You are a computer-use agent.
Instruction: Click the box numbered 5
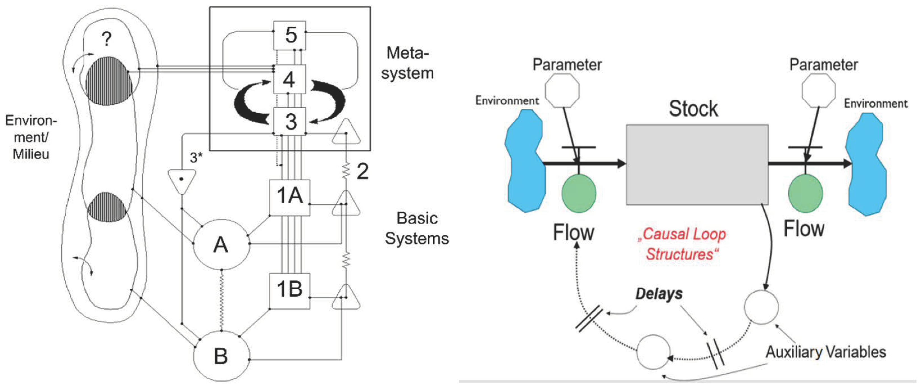coord(290,35)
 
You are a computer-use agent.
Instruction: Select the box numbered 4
coord(289,79)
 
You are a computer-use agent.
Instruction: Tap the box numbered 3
coord(290,122)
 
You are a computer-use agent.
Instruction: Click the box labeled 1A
coord(290,197)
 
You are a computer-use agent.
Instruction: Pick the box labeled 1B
coord(290,291)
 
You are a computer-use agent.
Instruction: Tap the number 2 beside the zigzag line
coord(362,172)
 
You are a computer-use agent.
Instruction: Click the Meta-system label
coord(407,63)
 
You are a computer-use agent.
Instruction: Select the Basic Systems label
coord(417,228)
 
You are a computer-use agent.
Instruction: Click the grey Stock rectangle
coord(697,165)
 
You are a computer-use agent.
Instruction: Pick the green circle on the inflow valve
coord(579,193)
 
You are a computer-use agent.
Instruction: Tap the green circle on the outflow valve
coord(805,193)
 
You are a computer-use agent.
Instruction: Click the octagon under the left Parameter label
coord(562,90)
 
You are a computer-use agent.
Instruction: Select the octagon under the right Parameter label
coord(819,90)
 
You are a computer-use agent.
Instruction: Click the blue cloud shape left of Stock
coord(524,161)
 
